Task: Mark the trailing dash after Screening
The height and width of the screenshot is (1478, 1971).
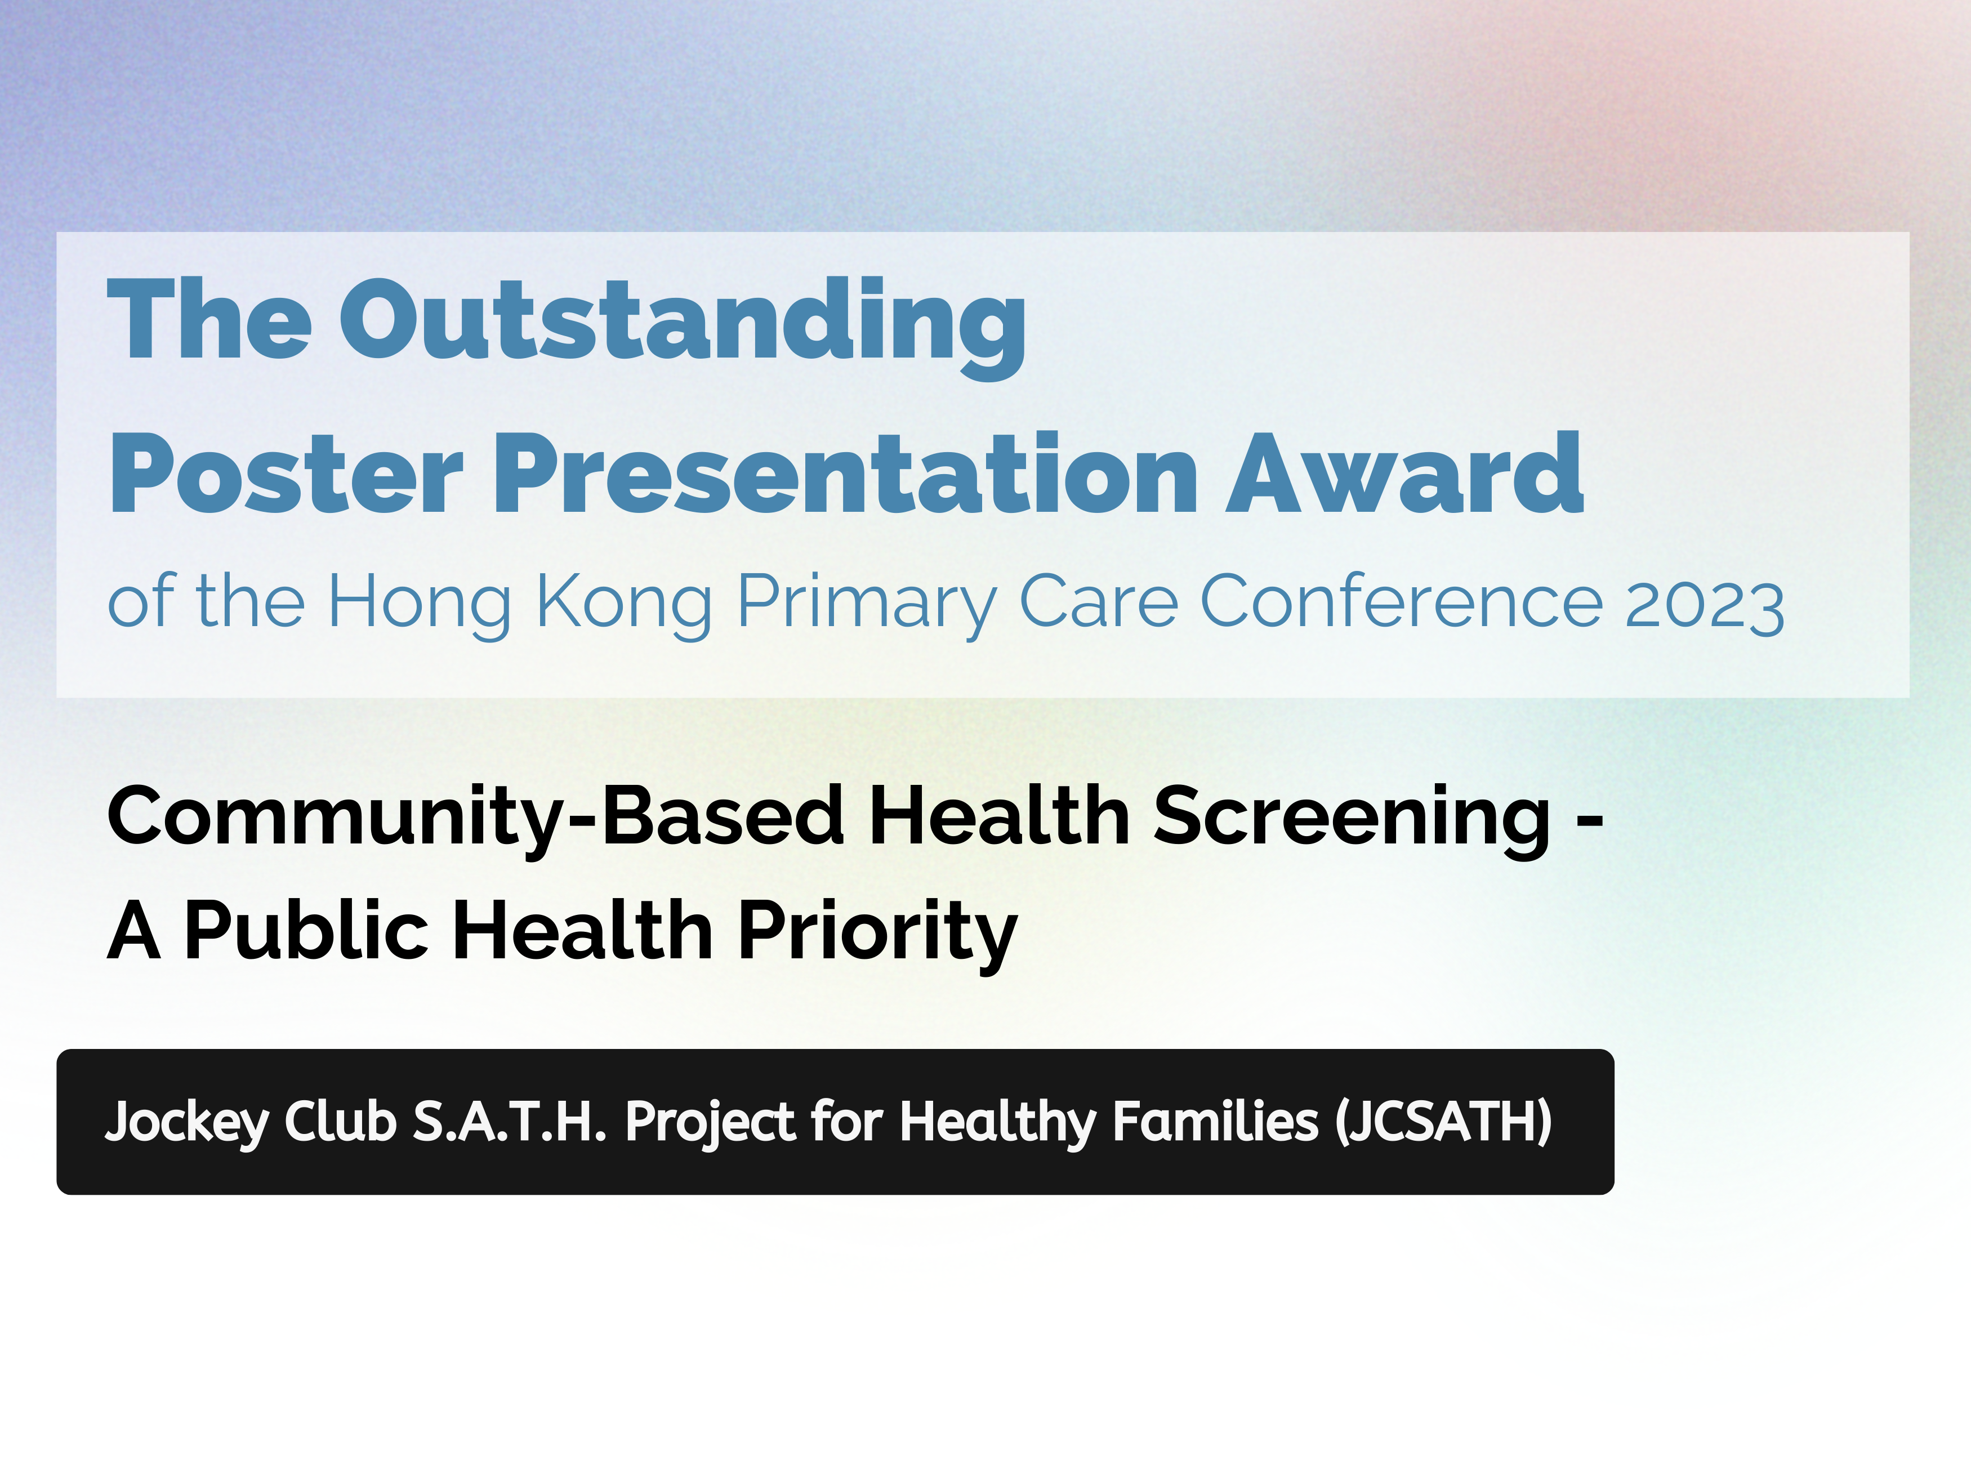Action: coord(1590,820)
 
